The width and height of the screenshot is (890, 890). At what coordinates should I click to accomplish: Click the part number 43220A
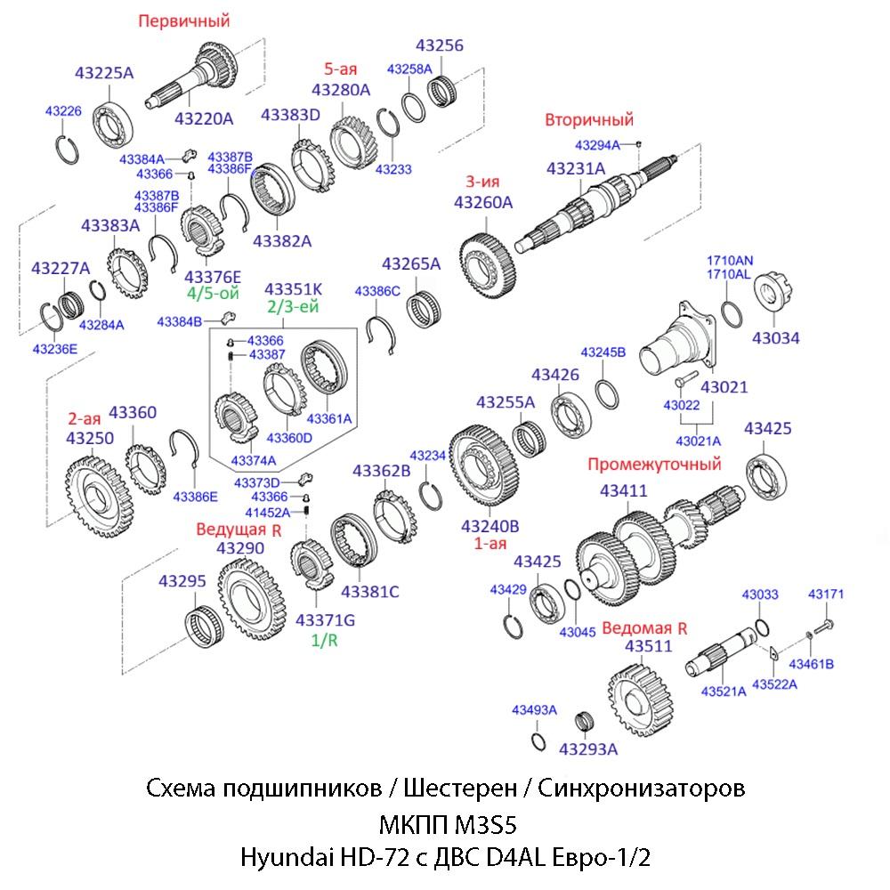pos(203,117)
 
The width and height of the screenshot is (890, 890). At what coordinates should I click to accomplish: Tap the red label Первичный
pos(183,20)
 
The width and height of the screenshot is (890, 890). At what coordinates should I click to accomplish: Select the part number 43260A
pos(483,202)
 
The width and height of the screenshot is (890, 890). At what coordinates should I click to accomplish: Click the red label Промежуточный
pos(654,464)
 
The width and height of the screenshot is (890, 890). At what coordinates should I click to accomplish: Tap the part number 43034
pos(775,337)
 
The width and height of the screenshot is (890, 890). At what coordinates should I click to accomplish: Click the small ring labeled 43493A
pos(537,740)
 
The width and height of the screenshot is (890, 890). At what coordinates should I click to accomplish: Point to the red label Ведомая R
pos(644,627)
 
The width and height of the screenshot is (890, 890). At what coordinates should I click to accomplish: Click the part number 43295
pos(182,581)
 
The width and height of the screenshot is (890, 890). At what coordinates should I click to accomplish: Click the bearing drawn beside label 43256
pos(443,90)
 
